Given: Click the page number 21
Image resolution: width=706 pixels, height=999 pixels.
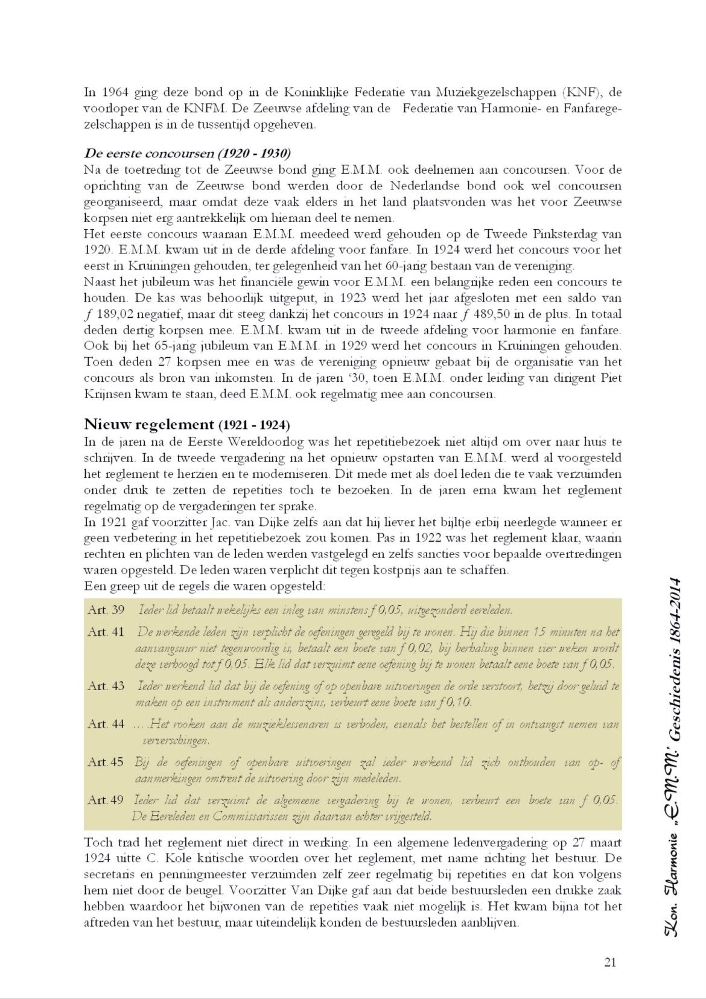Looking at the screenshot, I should click(x=610, y=962).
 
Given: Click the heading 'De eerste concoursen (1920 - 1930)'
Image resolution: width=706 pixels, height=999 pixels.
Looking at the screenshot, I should click(x=186, y=153).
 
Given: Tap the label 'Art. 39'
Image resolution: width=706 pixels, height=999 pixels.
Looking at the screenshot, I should click(x=106, y=610).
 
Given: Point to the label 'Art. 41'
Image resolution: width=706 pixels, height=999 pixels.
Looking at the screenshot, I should click(x=106, y=632).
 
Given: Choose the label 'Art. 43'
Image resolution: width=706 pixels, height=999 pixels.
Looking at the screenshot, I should click(x=106, y=686).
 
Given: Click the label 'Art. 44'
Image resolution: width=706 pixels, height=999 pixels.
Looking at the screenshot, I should click(x=106, y=724).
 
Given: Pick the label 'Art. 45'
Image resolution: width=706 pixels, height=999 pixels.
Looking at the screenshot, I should click(x=106, y=762).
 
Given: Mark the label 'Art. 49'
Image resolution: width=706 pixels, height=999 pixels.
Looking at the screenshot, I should click(x=106, y=801).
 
